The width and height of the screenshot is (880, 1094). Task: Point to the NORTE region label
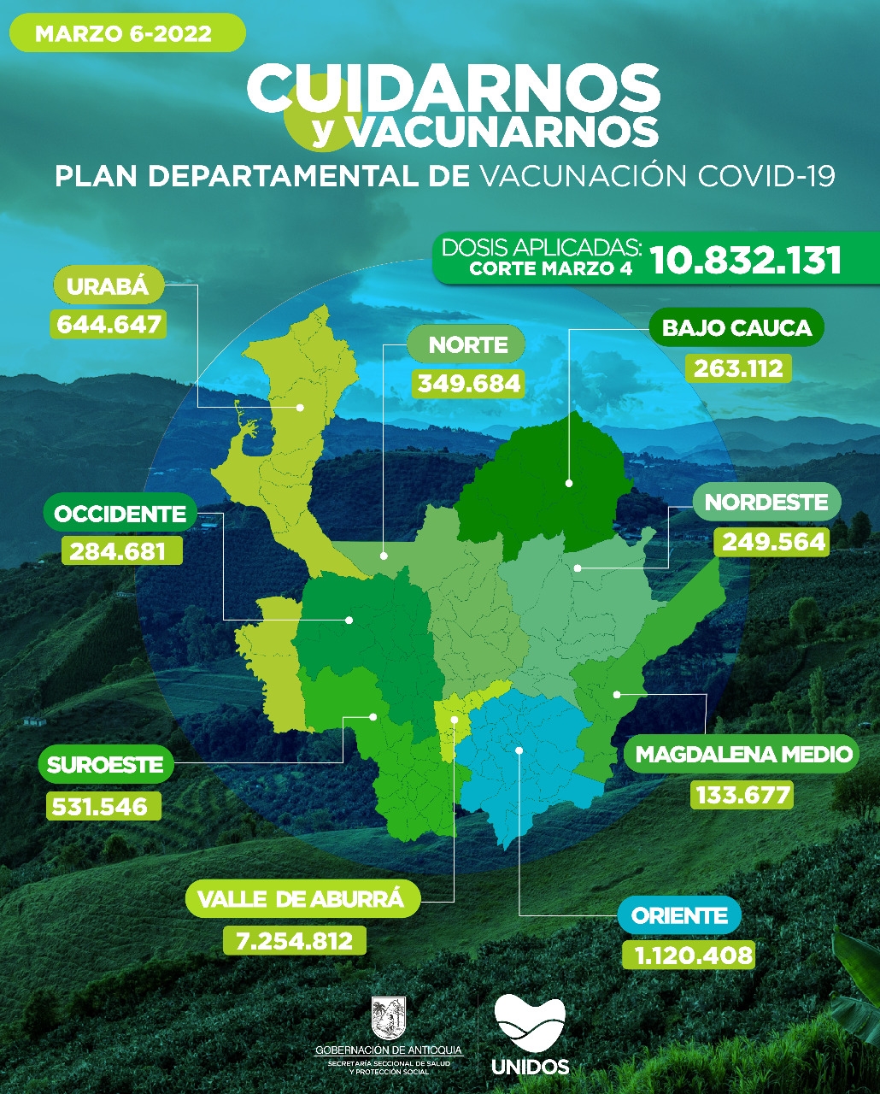coord(467,345)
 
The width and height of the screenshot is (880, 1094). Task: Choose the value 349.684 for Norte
coord(467,382)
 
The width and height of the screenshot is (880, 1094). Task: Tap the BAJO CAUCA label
coord(736,327)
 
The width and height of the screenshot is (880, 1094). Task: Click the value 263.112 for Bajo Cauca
coord(738,368)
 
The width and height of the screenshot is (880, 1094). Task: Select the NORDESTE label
coord(766,502)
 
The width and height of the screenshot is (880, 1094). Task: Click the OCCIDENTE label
coord(120,514)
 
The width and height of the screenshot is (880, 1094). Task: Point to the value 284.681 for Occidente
coord(121,550)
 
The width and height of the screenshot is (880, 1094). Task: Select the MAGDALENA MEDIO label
coord(743,755)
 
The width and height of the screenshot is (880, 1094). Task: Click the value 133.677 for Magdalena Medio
coord(742,794)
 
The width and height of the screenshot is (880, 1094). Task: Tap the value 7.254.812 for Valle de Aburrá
coord(294,940)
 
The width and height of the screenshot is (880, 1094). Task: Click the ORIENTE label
coord(679,917)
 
